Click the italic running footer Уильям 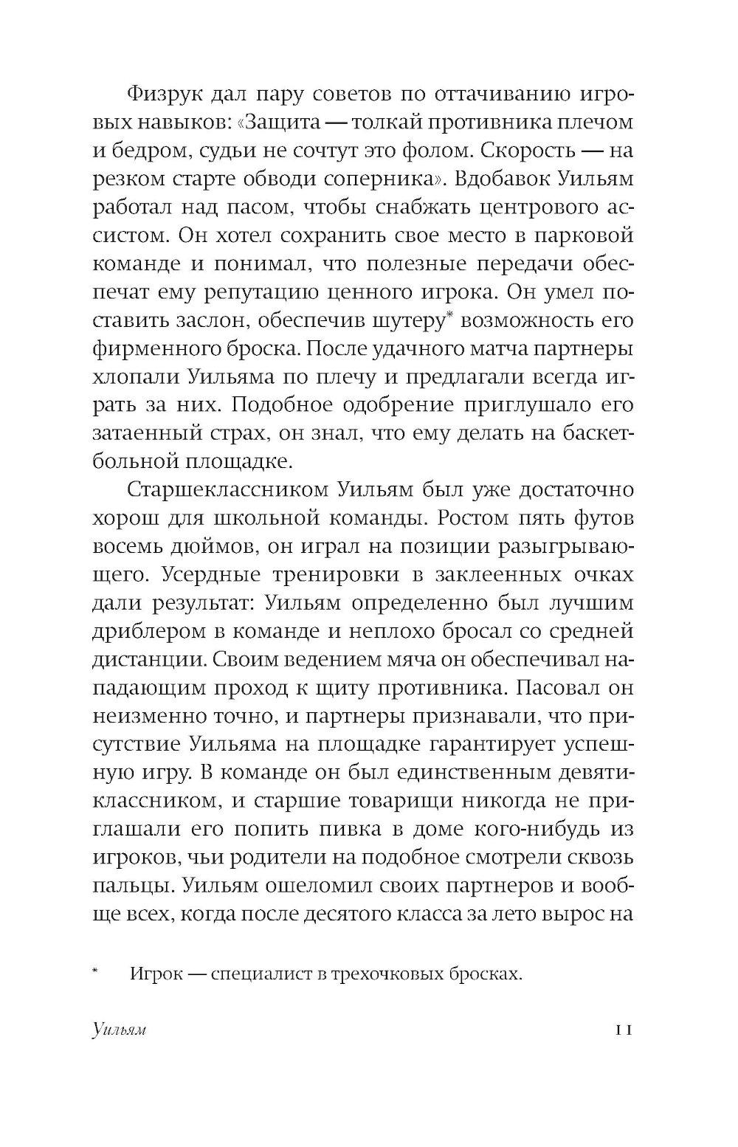[120, 1030]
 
